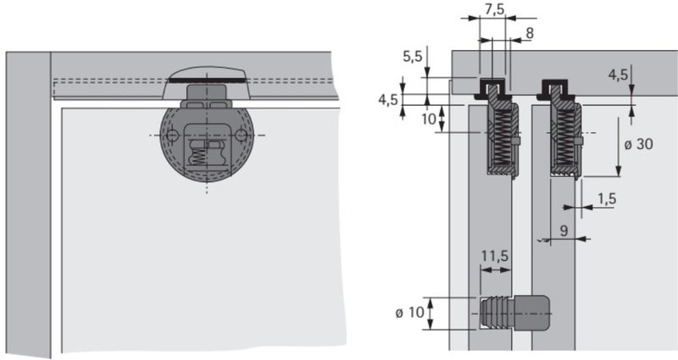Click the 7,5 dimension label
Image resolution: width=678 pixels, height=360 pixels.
coord(495,9)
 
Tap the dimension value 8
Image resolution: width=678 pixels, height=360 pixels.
coord(529,33)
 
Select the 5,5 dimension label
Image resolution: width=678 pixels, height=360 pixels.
coord(412,57)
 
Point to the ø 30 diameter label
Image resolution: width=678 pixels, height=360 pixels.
coord(638,144)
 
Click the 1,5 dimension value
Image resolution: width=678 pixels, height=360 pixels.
coord(607,199)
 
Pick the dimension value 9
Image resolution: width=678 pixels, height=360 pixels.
coord(564,230)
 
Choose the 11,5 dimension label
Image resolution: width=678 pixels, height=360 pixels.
coord(495,257)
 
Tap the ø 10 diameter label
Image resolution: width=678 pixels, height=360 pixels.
coord(409,313)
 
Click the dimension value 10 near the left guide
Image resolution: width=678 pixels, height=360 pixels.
coord(429,119)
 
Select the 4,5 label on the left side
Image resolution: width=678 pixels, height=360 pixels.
coord(388,100)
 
